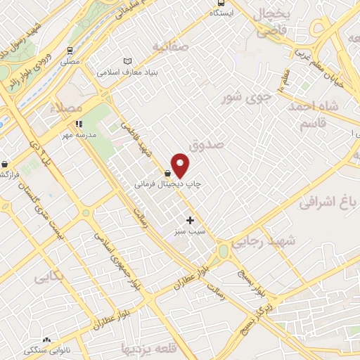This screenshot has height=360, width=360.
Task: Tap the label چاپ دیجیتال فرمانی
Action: (x=168, y=184)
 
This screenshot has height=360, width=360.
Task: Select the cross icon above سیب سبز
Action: (x=190, y=220)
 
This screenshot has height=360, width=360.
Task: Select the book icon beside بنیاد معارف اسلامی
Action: (x=127, y=61)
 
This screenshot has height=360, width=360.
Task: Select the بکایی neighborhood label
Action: (x=49, y=277)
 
